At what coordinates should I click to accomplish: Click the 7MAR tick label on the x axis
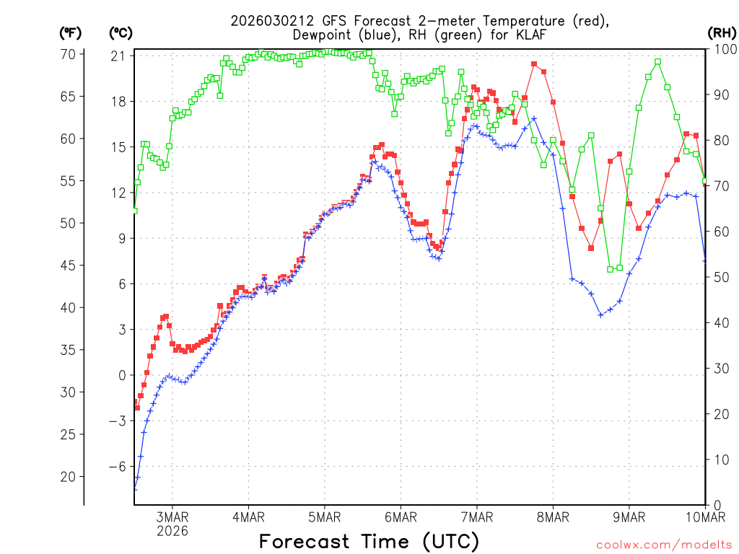(476, 516)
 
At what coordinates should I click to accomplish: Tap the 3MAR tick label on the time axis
(172, 516)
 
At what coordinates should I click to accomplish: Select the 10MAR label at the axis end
(705, 516)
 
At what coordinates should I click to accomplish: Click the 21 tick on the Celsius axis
(119, 56)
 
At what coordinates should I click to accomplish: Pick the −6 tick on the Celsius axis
(117, 466)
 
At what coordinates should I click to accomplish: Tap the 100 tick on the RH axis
(722, 49)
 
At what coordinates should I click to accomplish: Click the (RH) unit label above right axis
(722, 32)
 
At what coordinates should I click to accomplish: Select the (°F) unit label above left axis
(71, 32)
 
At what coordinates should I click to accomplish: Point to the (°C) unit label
(121, 32)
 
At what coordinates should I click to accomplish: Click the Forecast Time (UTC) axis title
(369, 541)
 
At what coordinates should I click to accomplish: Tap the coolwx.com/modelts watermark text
(663, 545)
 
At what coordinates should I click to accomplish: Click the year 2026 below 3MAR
(172, 531)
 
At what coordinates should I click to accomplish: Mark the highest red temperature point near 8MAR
(534, 64)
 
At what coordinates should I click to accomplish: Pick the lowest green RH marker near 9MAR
(610, 269)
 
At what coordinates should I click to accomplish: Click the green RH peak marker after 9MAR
(657, 61)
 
